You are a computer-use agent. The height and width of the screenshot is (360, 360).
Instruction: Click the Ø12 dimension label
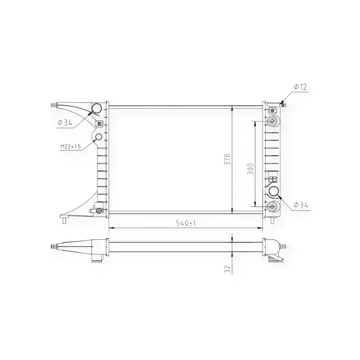point(300,87)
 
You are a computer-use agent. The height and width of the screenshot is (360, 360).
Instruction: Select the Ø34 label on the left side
point(64,122)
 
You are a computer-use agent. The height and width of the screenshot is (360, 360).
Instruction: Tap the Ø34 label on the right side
point(301,205)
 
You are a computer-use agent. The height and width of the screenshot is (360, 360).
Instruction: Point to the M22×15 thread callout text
point(70,146)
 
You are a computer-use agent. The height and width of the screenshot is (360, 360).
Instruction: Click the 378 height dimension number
point(227,159)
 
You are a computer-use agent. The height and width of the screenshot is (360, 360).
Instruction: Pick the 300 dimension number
point(250,169)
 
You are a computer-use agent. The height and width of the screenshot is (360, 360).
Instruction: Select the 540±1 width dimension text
point(186,223)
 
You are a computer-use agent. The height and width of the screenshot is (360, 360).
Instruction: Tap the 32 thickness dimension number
point(227,269)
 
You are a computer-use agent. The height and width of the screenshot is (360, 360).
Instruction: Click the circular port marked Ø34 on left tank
point(97,109)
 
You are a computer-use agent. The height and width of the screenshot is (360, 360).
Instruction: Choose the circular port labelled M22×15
point(99,137)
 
